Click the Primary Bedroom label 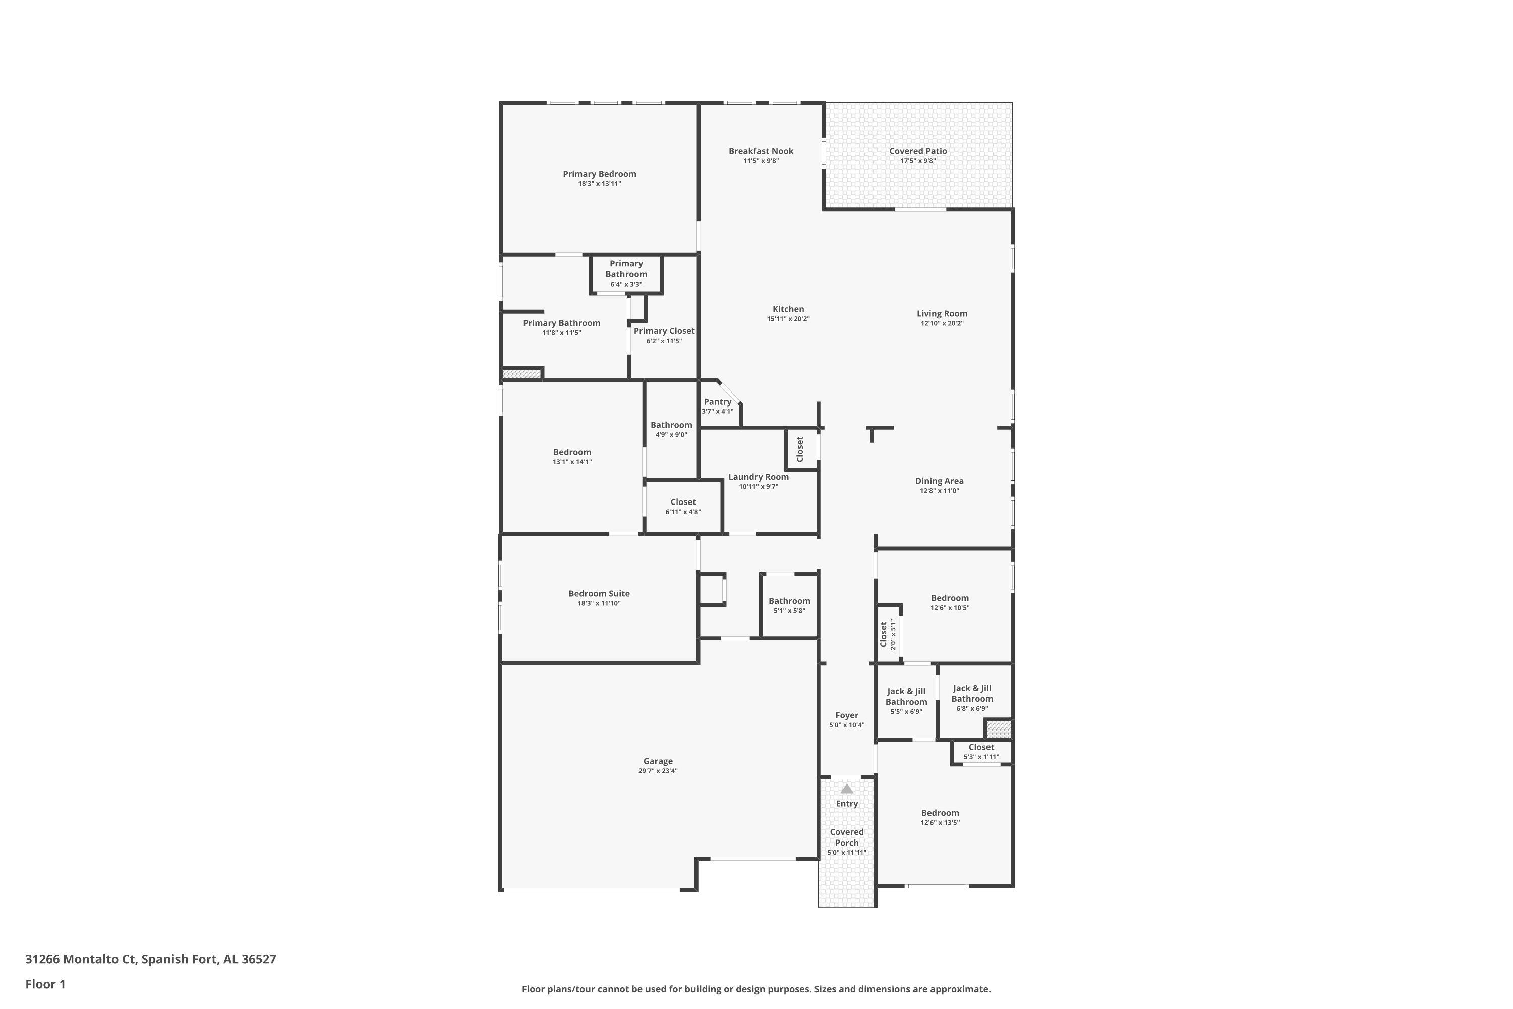(599, 174)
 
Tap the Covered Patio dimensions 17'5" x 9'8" (918, 161)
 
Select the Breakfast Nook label (761, 151)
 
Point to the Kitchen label (788, 309)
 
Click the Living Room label (942, 314)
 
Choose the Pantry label (717, 402)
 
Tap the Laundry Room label (759, 477)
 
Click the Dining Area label (939, 481)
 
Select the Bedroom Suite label (599, 594)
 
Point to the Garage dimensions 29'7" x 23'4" (658, 771)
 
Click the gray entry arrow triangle (847, 789)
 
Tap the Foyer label (847, 715)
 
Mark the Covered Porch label (847, 837)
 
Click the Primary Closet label (664, 331)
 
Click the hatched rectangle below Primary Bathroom (521, 374)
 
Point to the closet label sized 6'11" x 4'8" (683, 502)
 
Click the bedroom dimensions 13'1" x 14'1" (572, 462)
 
